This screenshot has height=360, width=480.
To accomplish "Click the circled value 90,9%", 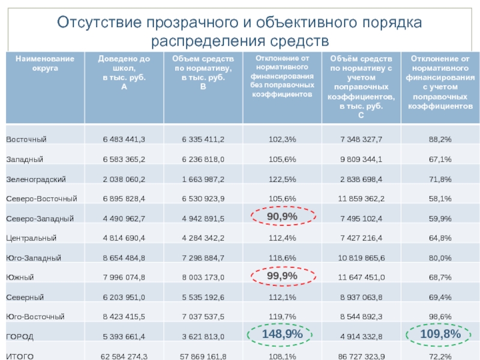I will coord(282,217).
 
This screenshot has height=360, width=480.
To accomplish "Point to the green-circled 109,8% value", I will coord(440,334).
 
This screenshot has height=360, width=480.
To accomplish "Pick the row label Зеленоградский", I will coord(35,179).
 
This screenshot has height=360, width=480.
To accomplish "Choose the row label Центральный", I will coord(31,238).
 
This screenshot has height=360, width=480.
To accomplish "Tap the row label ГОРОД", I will coord(20,336).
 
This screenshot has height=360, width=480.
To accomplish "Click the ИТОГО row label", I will coord(20,356).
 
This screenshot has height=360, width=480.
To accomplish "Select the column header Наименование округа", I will coord(45,63).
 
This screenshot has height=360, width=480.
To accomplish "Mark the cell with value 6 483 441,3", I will coord(124,139).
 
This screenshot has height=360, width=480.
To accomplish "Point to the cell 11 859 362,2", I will coord(361,198).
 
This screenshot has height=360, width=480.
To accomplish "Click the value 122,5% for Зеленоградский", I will coord(282,179).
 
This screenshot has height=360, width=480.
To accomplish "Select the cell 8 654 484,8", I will coord(124,257).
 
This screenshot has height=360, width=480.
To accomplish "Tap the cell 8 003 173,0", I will coord(203,277).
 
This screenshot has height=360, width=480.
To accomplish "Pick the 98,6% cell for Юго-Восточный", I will coord(440,316).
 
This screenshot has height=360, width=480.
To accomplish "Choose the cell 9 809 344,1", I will coord(361,159).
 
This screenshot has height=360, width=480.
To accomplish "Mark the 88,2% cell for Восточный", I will coord(440,139).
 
